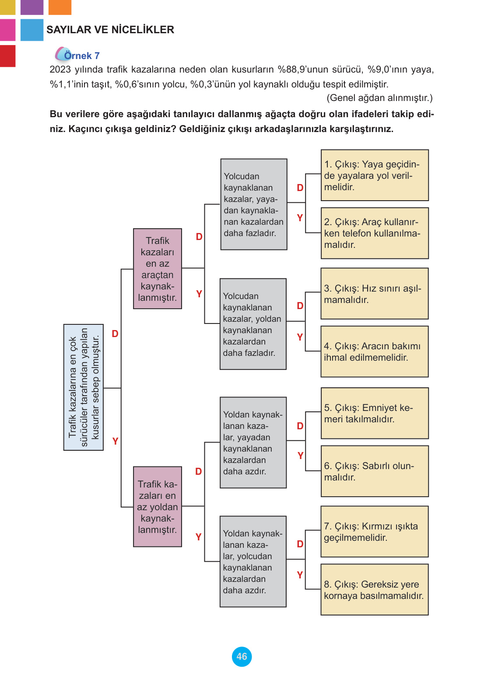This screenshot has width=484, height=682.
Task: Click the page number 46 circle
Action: point(242,656)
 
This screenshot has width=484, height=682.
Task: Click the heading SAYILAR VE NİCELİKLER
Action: point(110,30)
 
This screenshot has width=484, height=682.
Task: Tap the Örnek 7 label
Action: point(81,56)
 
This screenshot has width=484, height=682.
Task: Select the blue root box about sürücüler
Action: point(84,387)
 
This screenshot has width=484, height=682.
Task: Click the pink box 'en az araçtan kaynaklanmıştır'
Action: point(158,269)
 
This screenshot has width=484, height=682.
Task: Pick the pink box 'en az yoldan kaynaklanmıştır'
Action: point(158,507)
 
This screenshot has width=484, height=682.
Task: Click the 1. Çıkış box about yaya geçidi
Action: point(375,175)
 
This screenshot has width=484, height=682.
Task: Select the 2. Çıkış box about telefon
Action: point(375,233)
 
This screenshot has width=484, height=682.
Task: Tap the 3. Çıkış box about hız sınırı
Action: point(375,294)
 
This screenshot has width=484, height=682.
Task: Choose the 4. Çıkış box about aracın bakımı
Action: point(375,351)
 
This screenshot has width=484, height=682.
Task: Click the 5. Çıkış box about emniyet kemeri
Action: point(375,413)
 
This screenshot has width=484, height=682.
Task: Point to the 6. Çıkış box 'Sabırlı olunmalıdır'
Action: point(375,471)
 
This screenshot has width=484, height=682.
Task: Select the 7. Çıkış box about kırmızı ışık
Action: point(375,532)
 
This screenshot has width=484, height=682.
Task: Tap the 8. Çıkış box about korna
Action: point(375,590)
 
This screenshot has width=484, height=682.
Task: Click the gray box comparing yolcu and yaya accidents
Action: point(254,205)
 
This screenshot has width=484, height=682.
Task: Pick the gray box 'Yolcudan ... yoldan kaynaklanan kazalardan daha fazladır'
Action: point(253,324)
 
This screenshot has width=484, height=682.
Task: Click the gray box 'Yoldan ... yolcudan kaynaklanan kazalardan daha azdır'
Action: point(253,561)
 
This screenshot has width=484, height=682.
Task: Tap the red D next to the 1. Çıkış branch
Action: point(300,188)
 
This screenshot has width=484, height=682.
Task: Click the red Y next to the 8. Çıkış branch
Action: point(300,575)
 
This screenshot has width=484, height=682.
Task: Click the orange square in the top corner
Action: point(60,7)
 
